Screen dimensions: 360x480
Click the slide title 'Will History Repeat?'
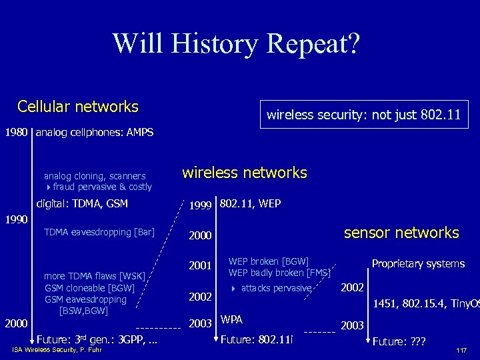pyautogui.click(x=237, y=43)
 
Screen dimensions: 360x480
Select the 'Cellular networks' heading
pyautogui.click(x=78, y=107)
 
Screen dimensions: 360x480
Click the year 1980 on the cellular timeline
pyautogui.click(x=16, y=132)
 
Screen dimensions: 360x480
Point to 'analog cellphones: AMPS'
pyautogui.click(x=95, y=132)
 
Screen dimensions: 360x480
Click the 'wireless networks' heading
pyautogui.click(x=245, y=173)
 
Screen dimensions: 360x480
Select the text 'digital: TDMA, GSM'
pyautogui.click(x=82, y=203)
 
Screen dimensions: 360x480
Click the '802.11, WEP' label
pyautogui.click(x=250, y=203)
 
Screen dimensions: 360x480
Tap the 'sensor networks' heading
pyautogui.click(x=401, y=233)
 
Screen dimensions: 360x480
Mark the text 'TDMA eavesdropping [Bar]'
pyautogui.click(x=99, y=232)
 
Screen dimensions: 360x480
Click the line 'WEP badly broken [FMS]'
pyautogui.click(x=280, y=273)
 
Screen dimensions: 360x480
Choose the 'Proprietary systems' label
pyautogui.click(x=418, y=264)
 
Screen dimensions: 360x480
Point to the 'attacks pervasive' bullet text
pyautogui.click(x=276, y=288)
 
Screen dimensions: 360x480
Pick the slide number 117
pyautogui.click(x=461, y=351)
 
